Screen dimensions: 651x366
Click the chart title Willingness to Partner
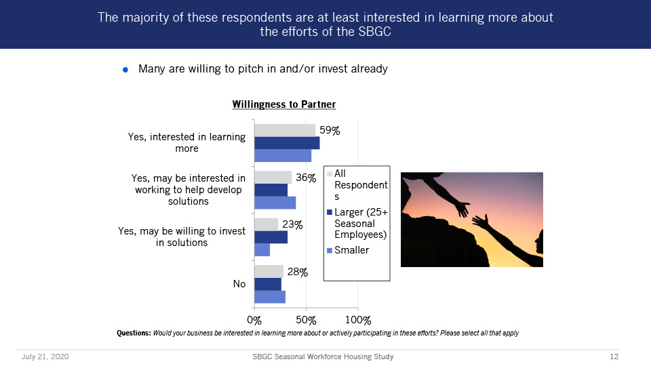(284, 104)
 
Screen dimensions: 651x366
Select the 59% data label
(330, 130)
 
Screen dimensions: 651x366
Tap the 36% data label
(306, 178)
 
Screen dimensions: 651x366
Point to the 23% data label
(292, 224)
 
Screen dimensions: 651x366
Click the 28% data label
(297, 272)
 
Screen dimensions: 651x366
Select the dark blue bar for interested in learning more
(287, 143)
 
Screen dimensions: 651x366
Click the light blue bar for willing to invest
(262, 250)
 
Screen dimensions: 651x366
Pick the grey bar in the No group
(269, 271)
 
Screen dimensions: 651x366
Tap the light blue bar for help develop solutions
(275, 203)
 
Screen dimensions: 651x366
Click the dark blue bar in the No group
(268, 284)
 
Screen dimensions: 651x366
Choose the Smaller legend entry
(348, 250)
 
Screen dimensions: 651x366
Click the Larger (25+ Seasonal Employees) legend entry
(357, 223)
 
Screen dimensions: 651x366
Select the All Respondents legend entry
(357, 184)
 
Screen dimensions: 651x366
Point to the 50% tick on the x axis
(306, 321)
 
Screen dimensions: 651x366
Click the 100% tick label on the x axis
(358, 321)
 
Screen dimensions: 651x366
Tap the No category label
(239, 284)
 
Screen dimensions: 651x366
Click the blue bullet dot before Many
(125, 70)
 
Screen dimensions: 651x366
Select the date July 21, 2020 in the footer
(45, 357)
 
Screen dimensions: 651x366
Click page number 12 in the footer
(614, 357)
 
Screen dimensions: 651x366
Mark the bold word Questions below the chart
(134, 333)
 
